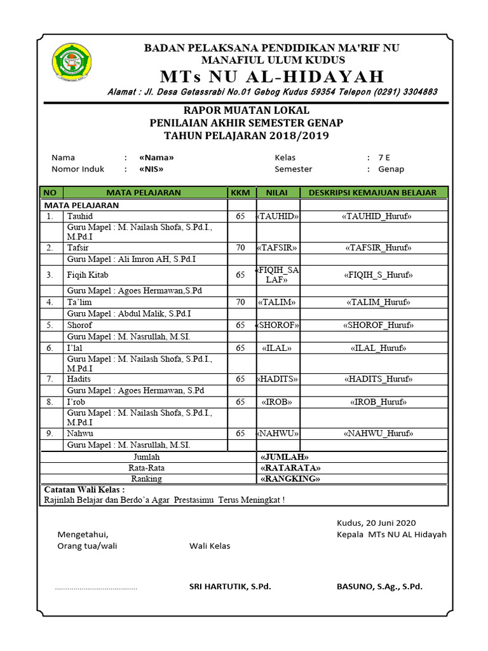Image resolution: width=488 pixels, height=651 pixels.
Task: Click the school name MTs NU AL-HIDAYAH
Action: click(x=273, y=77)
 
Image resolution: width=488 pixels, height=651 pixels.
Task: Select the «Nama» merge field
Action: click(x=156, y=158)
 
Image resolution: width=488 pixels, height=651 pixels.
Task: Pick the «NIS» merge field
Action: click(x=151, y=169)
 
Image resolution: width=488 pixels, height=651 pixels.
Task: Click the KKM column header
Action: click(x=240, y=193)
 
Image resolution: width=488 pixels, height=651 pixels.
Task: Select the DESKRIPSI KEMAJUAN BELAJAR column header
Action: click(x=372, y=193)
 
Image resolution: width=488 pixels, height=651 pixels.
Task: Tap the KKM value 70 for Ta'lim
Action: click(x=240, y=303)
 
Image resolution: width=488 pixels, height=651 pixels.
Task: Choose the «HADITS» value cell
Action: click(x=277, y=379)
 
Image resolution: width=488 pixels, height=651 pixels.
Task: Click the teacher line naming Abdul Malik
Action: click(x=129, y=313)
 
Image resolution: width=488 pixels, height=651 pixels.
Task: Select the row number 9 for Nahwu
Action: click(x=50, y=434)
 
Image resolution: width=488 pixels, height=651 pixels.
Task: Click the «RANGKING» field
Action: click(x=290, y=479)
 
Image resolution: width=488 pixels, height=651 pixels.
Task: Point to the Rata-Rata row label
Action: click(x=147, y=468)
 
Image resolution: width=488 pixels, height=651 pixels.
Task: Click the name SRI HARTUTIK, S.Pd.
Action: click(x=230, y=587)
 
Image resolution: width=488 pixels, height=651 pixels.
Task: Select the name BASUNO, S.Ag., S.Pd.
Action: click(x=379, y=587)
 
